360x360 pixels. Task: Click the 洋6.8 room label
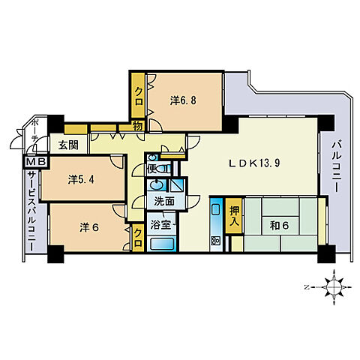(183, 100)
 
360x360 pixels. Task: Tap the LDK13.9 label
(255, 163)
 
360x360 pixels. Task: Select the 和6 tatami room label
(279, 226)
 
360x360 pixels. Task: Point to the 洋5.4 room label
(81, 179)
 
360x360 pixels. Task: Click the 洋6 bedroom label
(89, 227)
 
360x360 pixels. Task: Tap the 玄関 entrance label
(68, 145)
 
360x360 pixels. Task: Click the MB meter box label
(36, 162)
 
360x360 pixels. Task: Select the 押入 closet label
(234, 215)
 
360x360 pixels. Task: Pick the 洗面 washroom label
(164, 201)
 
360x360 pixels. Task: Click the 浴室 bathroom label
(160, 224)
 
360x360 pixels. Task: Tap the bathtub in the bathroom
(163, 244)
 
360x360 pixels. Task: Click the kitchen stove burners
(215, 241)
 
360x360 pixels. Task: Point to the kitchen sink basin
(216, 209)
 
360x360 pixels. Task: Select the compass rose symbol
(334, 287)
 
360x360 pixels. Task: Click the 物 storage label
(137, 126)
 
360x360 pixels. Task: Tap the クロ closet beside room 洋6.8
(139, 96)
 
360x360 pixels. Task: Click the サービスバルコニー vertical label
(31, 211)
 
